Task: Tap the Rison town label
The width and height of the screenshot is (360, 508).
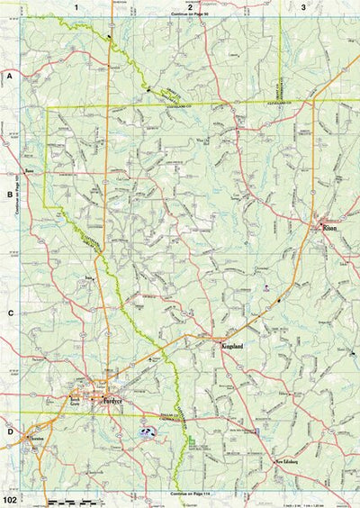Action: (x=329, y=229)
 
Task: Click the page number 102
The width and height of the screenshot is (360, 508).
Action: (x=11, y=498)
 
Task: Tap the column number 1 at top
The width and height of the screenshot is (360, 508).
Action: (x=76, y=7)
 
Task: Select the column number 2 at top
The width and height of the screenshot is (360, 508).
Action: (x=190, y=7)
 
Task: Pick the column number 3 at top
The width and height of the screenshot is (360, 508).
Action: (x=303, y=7)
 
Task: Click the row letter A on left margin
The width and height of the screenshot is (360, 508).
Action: (x=10, y=78)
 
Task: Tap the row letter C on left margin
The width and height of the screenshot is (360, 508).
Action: (x=10, y=313)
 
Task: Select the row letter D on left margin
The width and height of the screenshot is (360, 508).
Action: (x=10, y=431)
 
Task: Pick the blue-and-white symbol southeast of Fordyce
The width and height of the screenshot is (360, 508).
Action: (x=147, y=433)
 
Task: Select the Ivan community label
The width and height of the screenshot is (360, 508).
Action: (x=88, y=277)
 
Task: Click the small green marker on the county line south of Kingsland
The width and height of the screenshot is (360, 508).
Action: (x=192, y=439)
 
